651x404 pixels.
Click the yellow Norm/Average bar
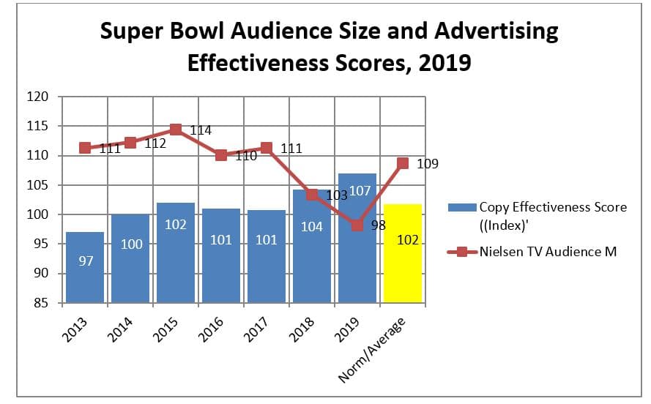(402, 253)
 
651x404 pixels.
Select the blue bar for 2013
(85, 267)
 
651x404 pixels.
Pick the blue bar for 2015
(176, 252)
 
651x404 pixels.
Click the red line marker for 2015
(176, 130)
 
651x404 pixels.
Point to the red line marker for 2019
(357, 225)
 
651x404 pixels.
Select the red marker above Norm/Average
(402, 163)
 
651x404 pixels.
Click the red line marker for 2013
(85, 148)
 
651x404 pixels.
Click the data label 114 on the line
(201, 130)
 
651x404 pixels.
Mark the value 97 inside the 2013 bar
(86, 261)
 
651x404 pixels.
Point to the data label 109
(428, 164)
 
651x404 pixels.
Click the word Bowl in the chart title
(248, 31)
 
